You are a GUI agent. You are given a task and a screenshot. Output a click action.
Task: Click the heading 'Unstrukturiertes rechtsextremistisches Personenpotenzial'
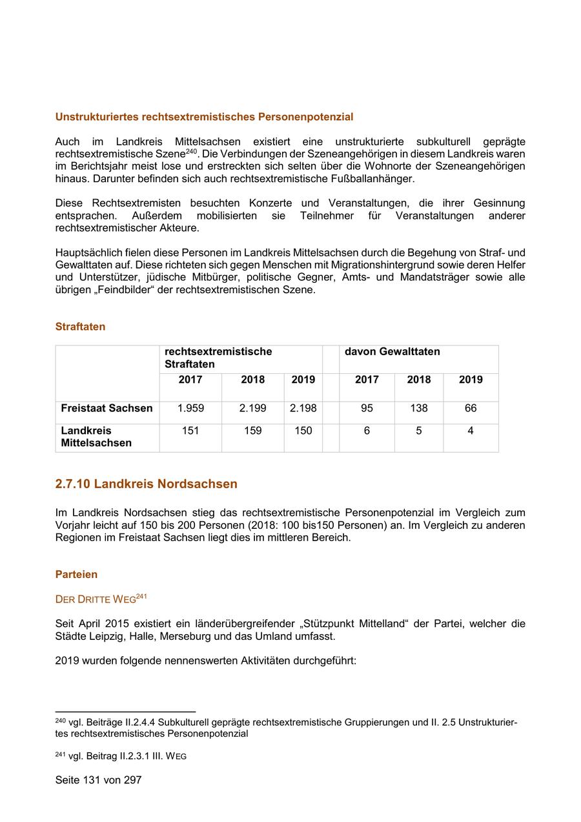[x=204, y=117]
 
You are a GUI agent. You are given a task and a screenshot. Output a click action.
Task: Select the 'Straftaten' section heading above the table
[x=80, y=327]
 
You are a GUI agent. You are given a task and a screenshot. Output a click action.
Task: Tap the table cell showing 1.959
[x=190, y=408]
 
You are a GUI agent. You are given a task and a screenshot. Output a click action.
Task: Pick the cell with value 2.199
[x=252, y=408]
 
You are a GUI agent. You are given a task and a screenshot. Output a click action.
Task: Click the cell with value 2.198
[x=303, y=408]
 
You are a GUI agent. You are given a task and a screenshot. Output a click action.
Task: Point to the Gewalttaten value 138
[x=419, y=408]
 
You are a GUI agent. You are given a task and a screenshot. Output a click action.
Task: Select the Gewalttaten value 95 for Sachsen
[x=367, y=408]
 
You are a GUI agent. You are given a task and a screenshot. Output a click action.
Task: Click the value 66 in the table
[x=471, y=408]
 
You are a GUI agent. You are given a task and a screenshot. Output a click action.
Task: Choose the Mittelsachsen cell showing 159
[x=252, y=431]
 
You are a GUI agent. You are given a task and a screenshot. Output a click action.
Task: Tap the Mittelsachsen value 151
[x=190, y=431]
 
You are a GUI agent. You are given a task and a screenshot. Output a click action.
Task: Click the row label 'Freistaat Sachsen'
[x=107, y=408]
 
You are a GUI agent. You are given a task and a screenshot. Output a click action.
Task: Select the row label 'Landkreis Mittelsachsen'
[x=96, y=437]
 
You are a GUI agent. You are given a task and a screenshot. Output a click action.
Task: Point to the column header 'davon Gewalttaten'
[x=392, y=352]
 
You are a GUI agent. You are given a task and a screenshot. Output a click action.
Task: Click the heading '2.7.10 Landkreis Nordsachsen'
[x=146, y=484]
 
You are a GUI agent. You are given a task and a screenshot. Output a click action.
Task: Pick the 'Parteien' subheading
[x=76, y=574]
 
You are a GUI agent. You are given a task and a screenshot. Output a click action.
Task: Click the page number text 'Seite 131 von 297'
[x=98, y=780]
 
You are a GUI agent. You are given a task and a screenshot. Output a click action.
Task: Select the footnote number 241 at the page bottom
[x=61, y=755]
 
